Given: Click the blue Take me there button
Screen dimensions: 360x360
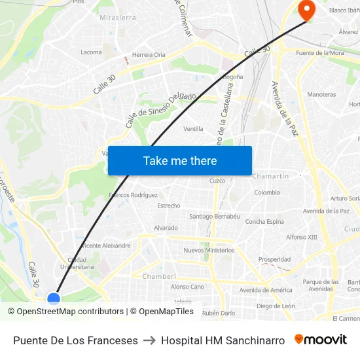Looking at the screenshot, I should (180, 161).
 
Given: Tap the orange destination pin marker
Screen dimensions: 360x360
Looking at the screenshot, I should (306, 9).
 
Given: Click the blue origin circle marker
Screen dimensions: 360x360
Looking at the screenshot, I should (54, 299).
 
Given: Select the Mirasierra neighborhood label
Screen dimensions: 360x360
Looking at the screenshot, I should (118, 18).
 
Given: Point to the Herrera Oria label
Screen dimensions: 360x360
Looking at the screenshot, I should (149, 55).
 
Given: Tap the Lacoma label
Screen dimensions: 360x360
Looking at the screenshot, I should (91, 52).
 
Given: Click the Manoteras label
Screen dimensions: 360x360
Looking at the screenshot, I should (321, 94).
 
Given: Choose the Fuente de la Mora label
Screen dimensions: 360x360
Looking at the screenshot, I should (320, 53).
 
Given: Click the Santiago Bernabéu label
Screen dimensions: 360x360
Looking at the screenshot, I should (215, 216).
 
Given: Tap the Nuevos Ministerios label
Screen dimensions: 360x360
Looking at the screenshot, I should (209, 250).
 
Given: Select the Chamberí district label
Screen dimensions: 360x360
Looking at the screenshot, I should (160, 276).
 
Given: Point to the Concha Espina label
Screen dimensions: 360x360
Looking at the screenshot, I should (264, 222).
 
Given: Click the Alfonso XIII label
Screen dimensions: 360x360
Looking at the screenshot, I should (301, 237).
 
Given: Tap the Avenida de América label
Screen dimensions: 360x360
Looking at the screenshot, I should (266, 290).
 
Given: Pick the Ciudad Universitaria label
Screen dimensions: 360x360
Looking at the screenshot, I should (77, 263).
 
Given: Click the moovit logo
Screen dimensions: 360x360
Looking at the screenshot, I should (321, 340).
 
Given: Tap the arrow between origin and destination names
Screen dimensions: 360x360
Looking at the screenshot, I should (149, 340).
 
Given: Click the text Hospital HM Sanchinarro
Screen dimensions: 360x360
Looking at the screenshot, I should (223, 340).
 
